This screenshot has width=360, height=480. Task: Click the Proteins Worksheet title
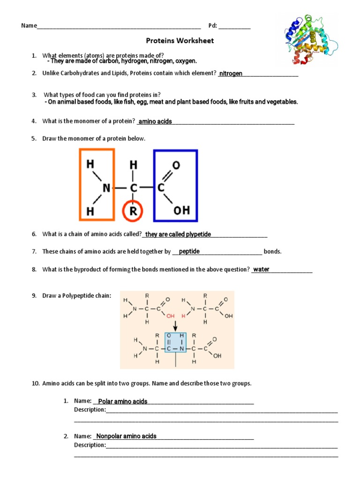180,41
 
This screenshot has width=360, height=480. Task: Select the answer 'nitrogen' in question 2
231,74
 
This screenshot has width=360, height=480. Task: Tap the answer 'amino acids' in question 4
155,121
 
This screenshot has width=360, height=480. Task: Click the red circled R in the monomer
133,210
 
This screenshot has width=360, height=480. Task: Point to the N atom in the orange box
106,188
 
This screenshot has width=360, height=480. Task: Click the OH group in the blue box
182,210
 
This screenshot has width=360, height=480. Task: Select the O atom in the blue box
176,165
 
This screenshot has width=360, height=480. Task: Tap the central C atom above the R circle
134,188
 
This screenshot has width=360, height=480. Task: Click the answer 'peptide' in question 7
189,252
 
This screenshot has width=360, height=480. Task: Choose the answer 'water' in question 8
261,270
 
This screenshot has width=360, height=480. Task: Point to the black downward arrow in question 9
175,325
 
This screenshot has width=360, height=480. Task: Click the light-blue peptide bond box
175,349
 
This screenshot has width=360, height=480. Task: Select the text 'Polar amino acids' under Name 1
123,401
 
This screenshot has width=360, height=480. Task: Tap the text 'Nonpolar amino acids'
126,436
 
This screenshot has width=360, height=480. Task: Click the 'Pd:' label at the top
212,25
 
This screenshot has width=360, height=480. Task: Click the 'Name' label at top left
29,25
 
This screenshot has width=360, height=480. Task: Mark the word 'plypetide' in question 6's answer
198,234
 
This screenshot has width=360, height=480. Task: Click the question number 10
36,383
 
